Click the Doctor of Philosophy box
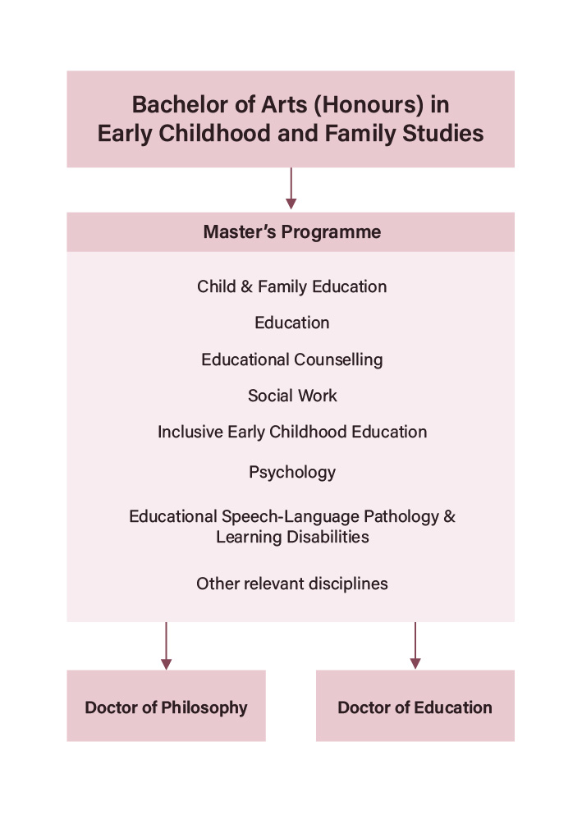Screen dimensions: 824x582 click(166, 706)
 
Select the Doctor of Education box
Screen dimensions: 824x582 click(415, 706)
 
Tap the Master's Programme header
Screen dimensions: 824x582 click(291, 232)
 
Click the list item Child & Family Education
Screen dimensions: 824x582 click(291, 286)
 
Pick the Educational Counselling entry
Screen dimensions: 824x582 click(291, 359)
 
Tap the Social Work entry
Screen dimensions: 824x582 click(292, 396)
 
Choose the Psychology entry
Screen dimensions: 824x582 click(292, 472)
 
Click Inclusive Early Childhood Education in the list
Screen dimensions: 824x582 click(292, 432)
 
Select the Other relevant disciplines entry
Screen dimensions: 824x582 click(292, 584)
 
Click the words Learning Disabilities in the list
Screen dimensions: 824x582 click(292, 537)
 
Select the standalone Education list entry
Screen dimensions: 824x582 click(292, 323)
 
